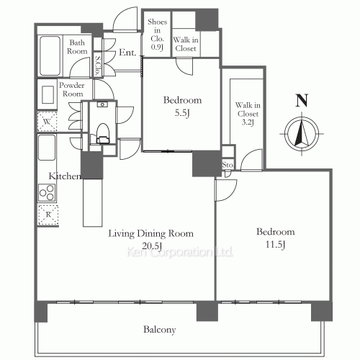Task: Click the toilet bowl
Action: pyautogui.click(x=102, y=133)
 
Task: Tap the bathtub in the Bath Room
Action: pyautogui.click(x=50, y=56)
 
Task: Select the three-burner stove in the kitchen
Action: pyautogui.click(x=47, y=193)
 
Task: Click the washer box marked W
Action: pyautogui.click(x=48, y=122)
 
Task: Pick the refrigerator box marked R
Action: pyautogui.click(x=48, y=215)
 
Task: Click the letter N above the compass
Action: pyautogui.click(x=302, y=101)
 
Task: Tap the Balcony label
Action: pyautogui.click(x=160, y=330)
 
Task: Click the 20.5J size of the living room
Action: pyautogui.click(x=152, y=246)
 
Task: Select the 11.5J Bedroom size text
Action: pyautogui.click(x=275, y=245)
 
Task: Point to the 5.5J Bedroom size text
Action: pyautogui.click(x=182, y=113)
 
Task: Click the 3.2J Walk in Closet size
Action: pyautogui.click(x=248, y=122)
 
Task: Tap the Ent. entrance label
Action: pyautogui.click(x=127, y=53)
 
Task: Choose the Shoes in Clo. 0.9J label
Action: pyautogui.click(x=157, y=35)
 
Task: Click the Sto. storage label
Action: pyautogui.click(x=228, y=165)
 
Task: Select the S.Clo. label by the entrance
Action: pyautogui.click(x=98, y=66)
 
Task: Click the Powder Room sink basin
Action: pyautogui.click(x=48, y=94)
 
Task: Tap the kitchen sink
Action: pyautogui.click(x=47, y=147)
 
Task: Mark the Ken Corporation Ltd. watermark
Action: pyautogui.click(x=180, y=252)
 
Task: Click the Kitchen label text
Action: pyautogui.click(x=65, y=176)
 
